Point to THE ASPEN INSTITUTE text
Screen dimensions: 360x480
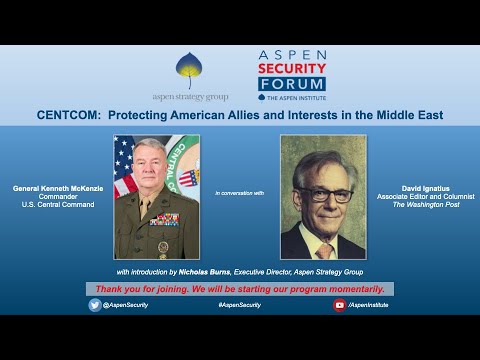pos(296,97)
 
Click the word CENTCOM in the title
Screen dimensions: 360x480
pos(65,115)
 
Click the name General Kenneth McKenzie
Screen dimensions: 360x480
pos(56,187)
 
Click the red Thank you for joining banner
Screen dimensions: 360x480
pos(239,288)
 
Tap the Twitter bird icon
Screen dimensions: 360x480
pos(94,305)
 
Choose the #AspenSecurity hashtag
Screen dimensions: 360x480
pos(239,305)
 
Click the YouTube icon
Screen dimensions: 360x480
pos(339,305)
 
